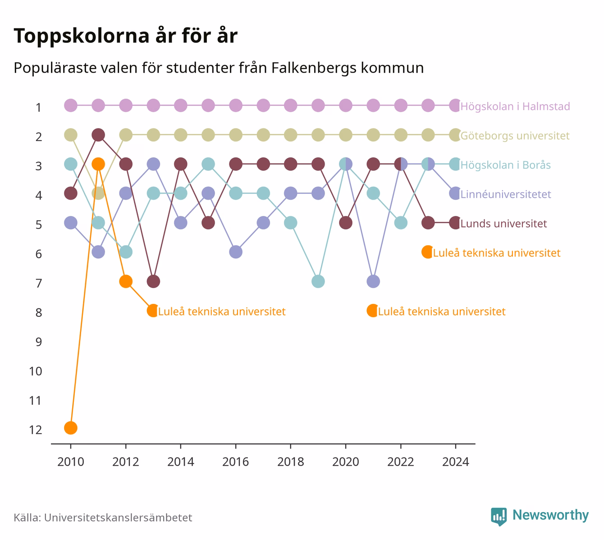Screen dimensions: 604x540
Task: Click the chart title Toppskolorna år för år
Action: tap(125, 36)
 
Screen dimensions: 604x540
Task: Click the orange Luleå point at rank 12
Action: tap(71, 428)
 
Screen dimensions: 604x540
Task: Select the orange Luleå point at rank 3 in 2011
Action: tap(98, 164)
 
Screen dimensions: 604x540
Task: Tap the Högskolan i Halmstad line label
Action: tap(515, 106)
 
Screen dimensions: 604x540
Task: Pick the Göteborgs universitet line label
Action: tap(515, 136)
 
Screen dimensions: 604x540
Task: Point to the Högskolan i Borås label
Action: tap(505, 165)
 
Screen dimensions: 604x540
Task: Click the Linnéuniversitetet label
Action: tap(506, 194)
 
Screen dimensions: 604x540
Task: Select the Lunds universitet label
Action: tap(503, 223)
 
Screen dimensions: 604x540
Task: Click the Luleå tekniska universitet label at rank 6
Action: tap(497, 253)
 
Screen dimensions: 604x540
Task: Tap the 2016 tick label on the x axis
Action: tap(236, 462)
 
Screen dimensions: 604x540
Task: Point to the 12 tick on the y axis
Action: tap(36, 430)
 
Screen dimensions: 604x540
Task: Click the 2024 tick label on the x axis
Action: tap(456, 462)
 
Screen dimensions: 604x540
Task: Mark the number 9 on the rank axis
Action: tap(39, 342)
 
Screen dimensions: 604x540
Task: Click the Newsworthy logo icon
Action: tap(499, 517)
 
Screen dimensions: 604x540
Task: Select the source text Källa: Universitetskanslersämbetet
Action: tap(103, 517)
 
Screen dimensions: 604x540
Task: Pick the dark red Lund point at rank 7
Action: tap(153, 281)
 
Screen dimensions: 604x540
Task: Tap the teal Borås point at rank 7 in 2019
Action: tap(318, 281)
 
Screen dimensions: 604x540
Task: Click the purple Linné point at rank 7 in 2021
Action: tap(373, 281)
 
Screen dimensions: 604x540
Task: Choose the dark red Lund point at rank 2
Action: tap(98, 135)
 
